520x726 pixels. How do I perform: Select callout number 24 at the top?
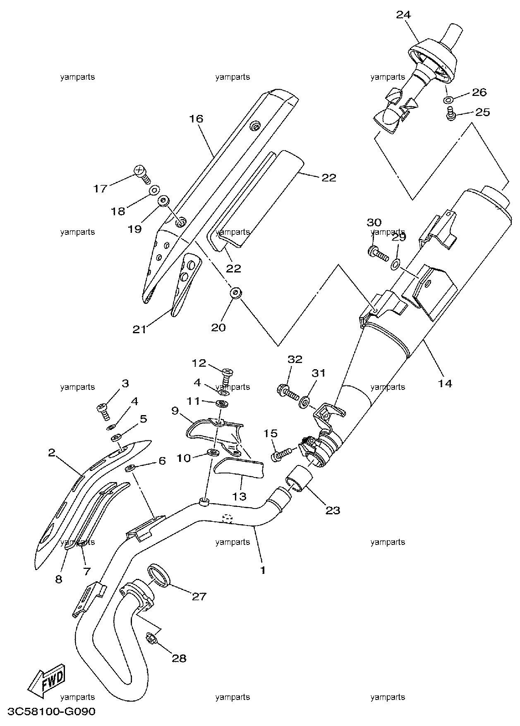coord(403,15)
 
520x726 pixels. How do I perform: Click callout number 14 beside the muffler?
coord(445,383)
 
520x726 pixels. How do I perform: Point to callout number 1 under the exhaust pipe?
coord(263,571)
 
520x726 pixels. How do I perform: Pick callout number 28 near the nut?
coord(179,659)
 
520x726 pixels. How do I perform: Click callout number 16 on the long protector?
coord(196,119)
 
